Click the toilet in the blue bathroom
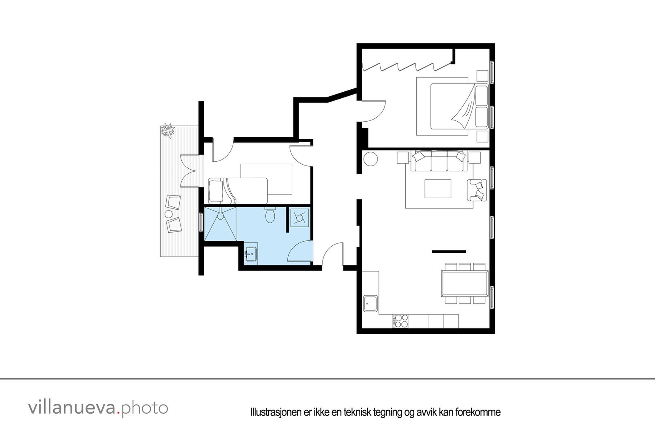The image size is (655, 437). [x=270, y=215]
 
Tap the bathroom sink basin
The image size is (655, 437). [x=251, y=254]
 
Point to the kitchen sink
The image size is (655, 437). [x=371, y=304]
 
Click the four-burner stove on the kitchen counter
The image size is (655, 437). [x=400, y=321]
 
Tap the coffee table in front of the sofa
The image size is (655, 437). [x=438, y=189]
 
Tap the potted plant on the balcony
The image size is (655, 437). [x=167, y=131]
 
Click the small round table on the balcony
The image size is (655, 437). [x=168, y=214]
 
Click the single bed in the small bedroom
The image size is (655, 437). [x=237, y=191]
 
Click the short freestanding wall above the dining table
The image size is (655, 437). [x=449, y=251]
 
